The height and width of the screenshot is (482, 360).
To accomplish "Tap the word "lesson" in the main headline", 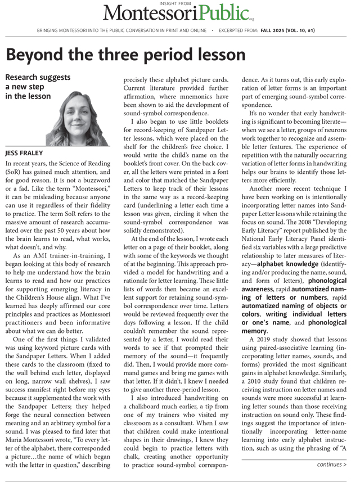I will [217, 55].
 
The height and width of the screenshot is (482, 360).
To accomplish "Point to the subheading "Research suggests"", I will [37, 77].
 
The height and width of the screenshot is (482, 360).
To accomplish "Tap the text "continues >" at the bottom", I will [331, 465].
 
